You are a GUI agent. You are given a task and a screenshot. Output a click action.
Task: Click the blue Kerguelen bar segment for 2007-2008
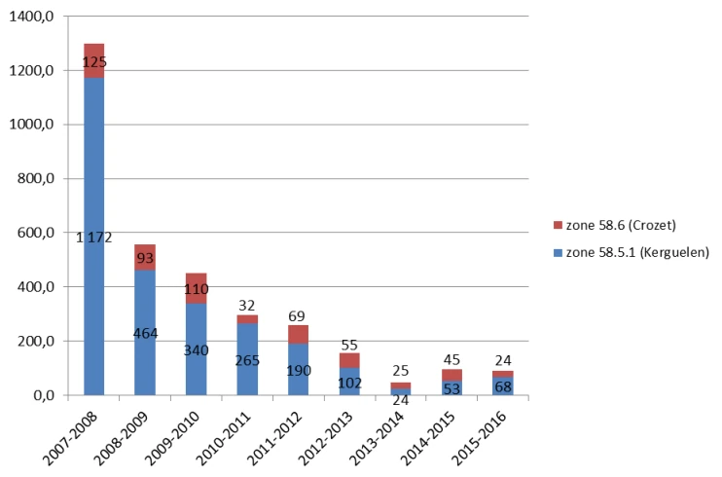[94, 292]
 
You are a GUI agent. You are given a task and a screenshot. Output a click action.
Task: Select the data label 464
[144, 333]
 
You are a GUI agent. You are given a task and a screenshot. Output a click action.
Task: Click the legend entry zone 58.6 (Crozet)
[622, 225]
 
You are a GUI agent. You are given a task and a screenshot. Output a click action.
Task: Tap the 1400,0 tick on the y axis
[34, 18]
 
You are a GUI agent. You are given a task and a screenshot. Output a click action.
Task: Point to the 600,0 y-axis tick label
[38, 234]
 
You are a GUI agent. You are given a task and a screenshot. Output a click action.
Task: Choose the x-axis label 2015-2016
[485, 431]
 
